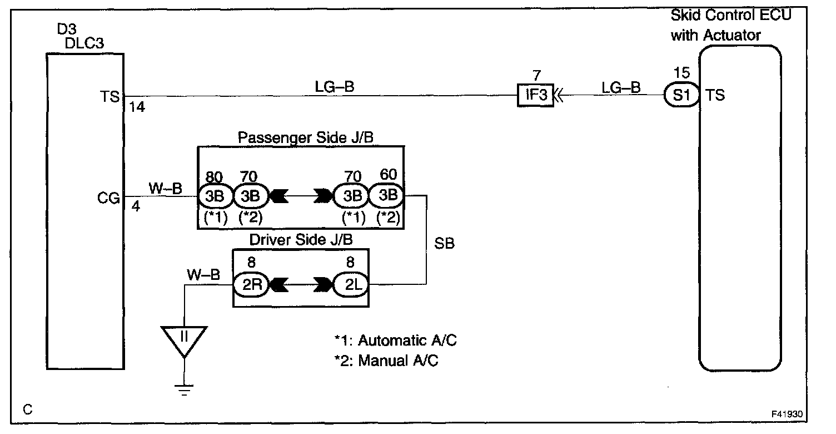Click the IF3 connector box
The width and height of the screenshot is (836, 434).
point(535,96)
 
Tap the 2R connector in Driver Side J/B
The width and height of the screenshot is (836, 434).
point(250,284)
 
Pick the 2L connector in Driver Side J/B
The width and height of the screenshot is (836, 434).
point(351,284)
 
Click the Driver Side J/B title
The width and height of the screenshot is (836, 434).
point(301,240)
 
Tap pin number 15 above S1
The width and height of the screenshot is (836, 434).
point(681,73)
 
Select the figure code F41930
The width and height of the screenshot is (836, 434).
point(786,415)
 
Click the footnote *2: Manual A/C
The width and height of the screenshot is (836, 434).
point(386,361)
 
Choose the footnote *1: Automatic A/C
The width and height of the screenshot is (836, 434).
point(395,340)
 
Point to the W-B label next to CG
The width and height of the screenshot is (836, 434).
point(165,188)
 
